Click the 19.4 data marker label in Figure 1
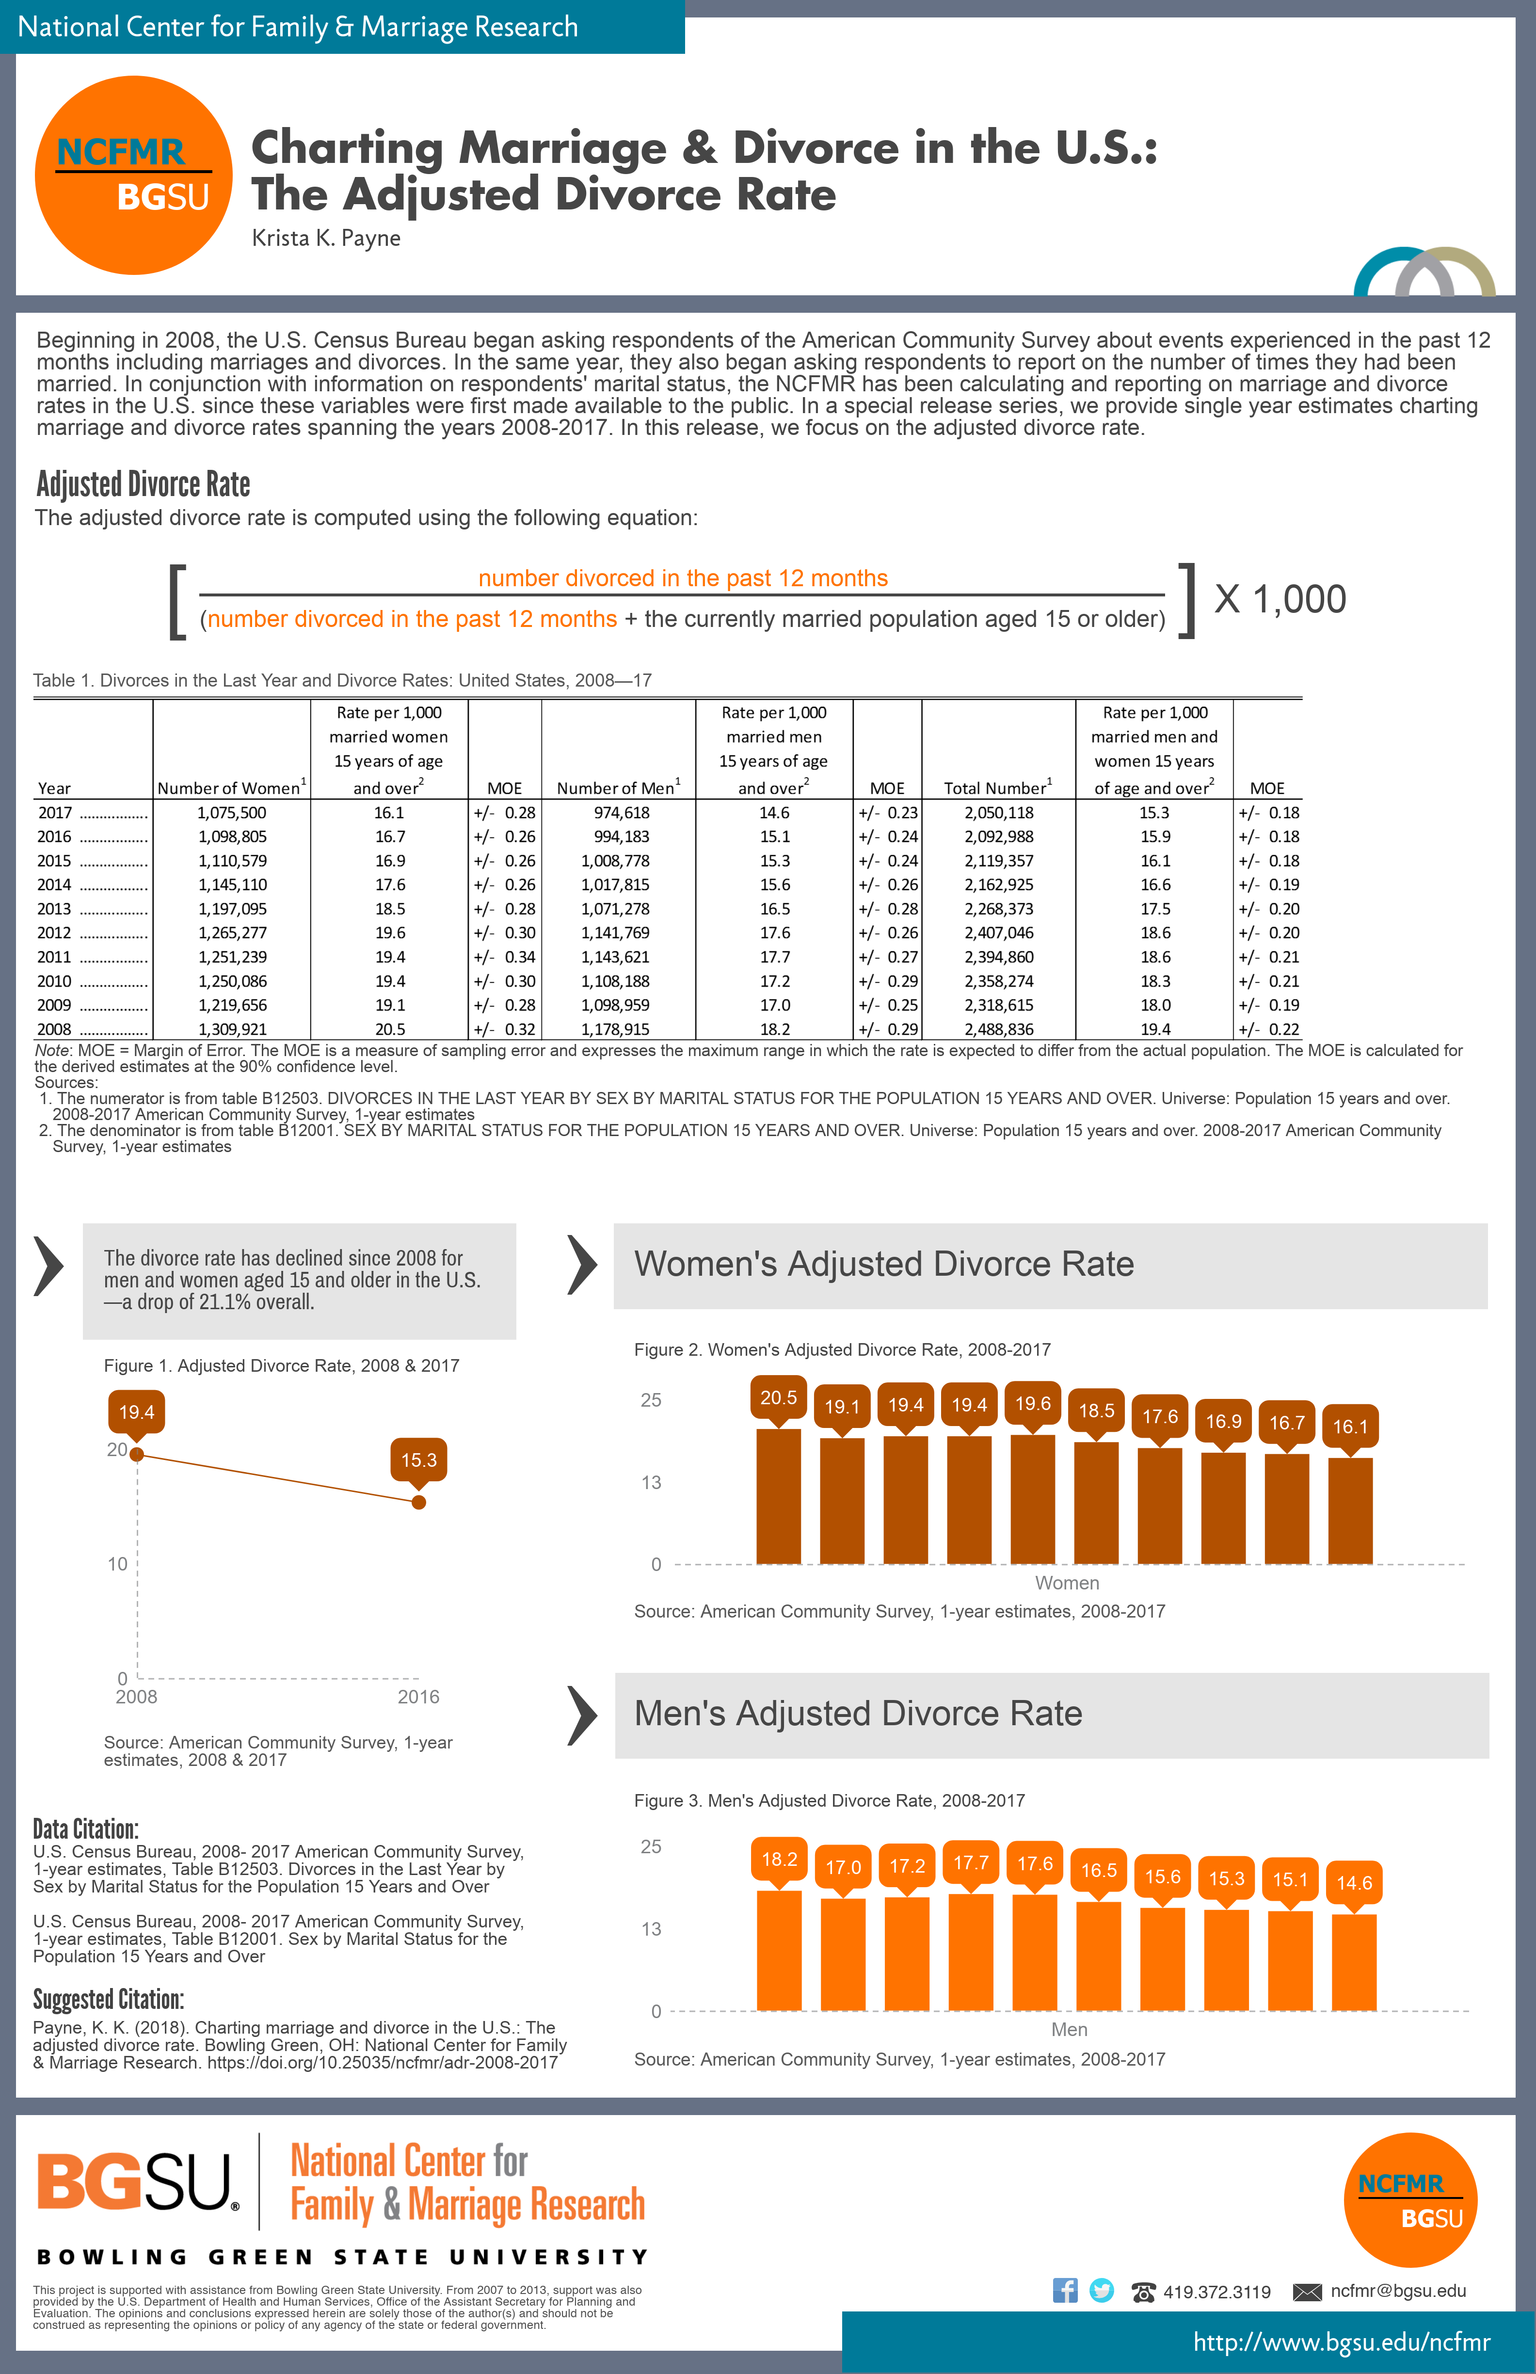click(137, 1412)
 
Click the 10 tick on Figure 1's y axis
click(118, 1564)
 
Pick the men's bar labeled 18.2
click(779, 1950)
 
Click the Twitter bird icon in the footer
click(1101, 2290)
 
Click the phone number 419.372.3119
click(1217, 2292)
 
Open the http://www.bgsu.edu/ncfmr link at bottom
click(1342, 2342)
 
